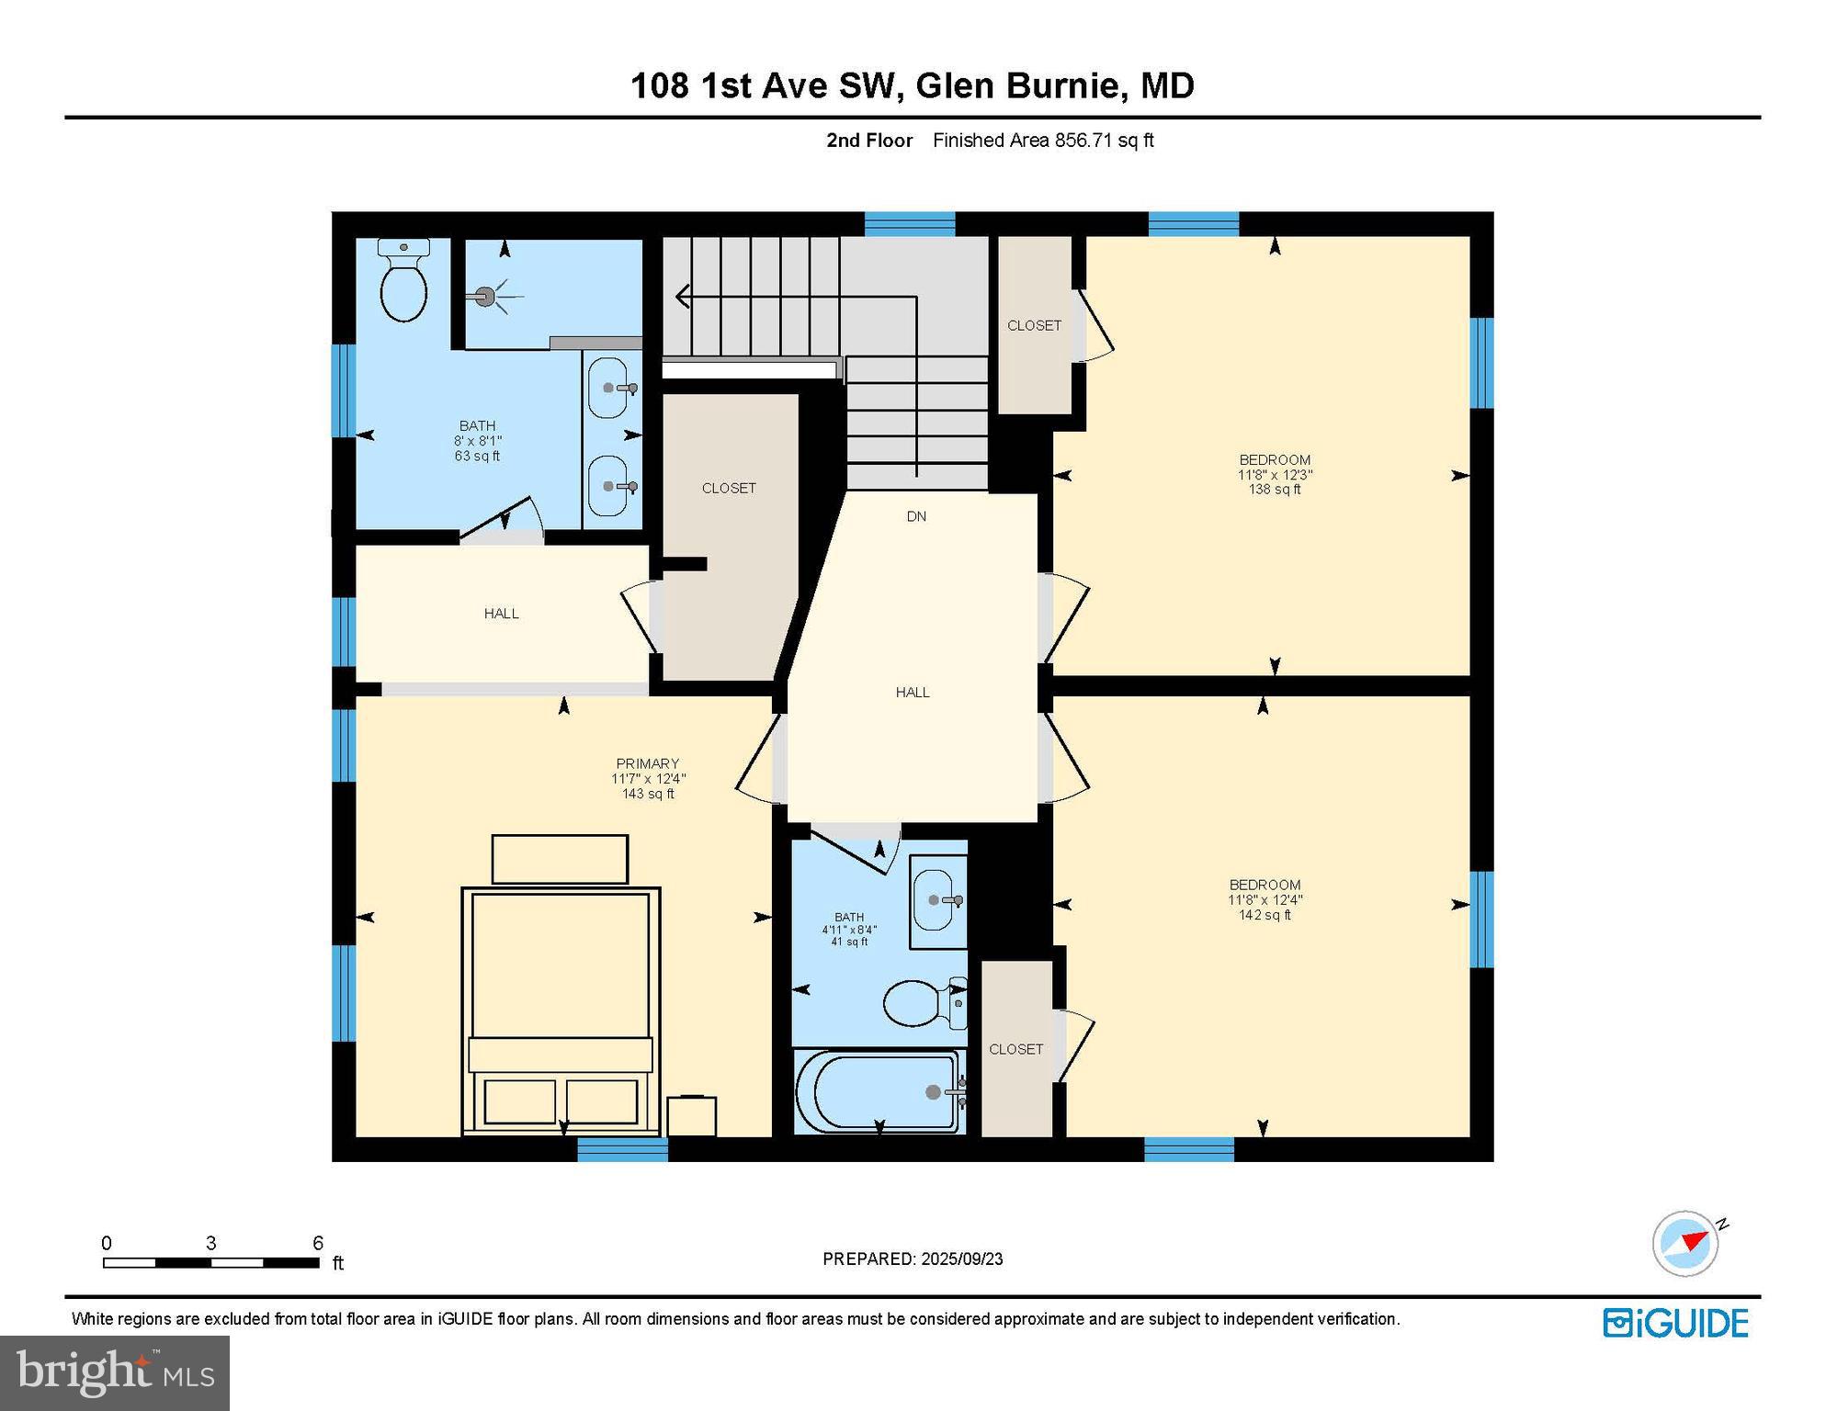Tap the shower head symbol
pyautogui.click(x=485, y=296)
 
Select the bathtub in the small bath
pyautogui.click(x=879, y=1091)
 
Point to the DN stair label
pyautogui.click(x=916, y=516)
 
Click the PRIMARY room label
pyautogui.click(x=648, y=763)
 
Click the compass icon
pyautogui.click(x=1685, y=1243)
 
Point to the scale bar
pyautogui.click(x=211, y=1262)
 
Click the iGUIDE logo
pyautogui.click(x=1675, y=1323)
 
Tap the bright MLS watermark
pyautogui.click(x=115, y=1372)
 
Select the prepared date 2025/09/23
pyautogui.click(x=913, y=1259)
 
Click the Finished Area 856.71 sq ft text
pyautogui.click(x=1043, y=141)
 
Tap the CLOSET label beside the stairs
pyautogui.click(x=729, y=488)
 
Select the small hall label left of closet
pyautogui.click(x=502, y=613)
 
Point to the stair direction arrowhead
pyautogui.click(x=683, y=296)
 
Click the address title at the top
pyautogui.click(x=912, y=85)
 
